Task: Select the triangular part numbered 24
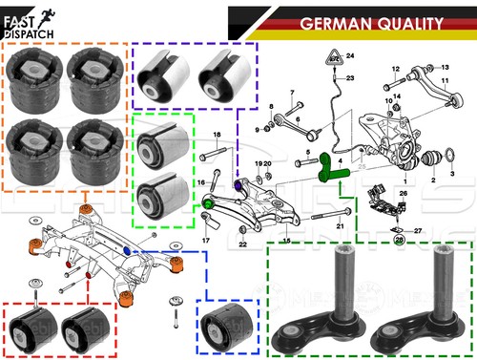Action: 336,57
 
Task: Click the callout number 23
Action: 350,77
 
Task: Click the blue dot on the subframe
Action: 129,249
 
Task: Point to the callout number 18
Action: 217,135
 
